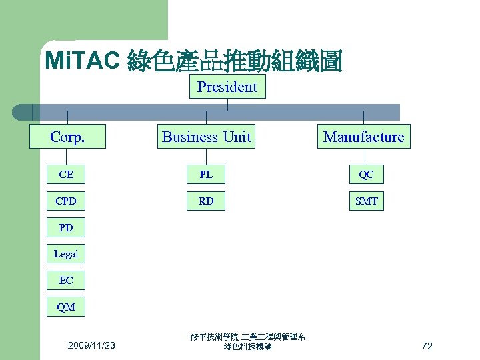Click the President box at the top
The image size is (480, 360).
point(227,87)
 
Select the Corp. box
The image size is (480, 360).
point(67,137)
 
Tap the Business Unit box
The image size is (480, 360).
point(207,137)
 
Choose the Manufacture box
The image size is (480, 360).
point(363,137)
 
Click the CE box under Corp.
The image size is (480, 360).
point(66,175)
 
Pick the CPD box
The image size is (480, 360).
point(66,201)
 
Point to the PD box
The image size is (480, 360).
point(66,227)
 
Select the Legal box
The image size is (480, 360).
point(66,254)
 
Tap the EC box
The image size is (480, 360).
point(66,281)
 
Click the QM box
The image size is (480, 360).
point(66,307)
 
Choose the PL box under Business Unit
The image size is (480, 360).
point(206,175)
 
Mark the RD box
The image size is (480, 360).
point(206,201)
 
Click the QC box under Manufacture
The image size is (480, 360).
point(366,175)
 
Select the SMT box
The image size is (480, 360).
point(366,201)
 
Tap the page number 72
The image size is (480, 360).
point(427,345)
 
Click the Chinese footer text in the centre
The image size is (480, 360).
point(247,342)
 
